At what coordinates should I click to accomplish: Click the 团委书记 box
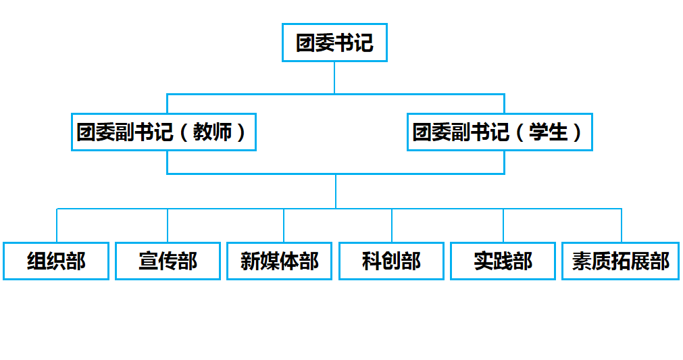tap(334, 43)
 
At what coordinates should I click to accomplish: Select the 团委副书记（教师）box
tap(163, 132)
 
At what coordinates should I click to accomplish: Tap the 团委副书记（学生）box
tap(500, 132)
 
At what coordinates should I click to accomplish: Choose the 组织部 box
tap(56, 261)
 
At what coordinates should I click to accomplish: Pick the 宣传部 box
tap(168, 261)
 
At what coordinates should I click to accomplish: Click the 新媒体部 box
tap(279, 261)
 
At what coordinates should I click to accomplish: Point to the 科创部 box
tap(391, 261)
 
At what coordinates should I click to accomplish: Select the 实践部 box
tap(503, 261)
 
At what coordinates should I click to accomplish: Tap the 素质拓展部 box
tap(620, 261)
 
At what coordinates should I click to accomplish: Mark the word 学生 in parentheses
tap(548, 132)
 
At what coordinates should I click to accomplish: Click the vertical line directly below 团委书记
tap(334, 78)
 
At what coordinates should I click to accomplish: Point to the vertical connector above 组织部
tap(57, 225)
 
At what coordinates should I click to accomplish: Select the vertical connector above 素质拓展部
tap(622, 225)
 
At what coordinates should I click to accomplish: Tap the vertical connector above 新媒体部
tap(284, 225)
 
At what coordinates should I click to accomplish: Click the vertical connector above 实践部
tap(503, 225)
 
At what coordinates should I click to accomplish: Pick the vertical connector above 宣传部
tap(168, 225)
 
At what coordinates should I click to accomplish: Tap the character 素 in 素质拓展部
tap(582, 261)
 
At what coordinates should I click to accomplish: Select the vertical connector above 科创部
tap(392, 225)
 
